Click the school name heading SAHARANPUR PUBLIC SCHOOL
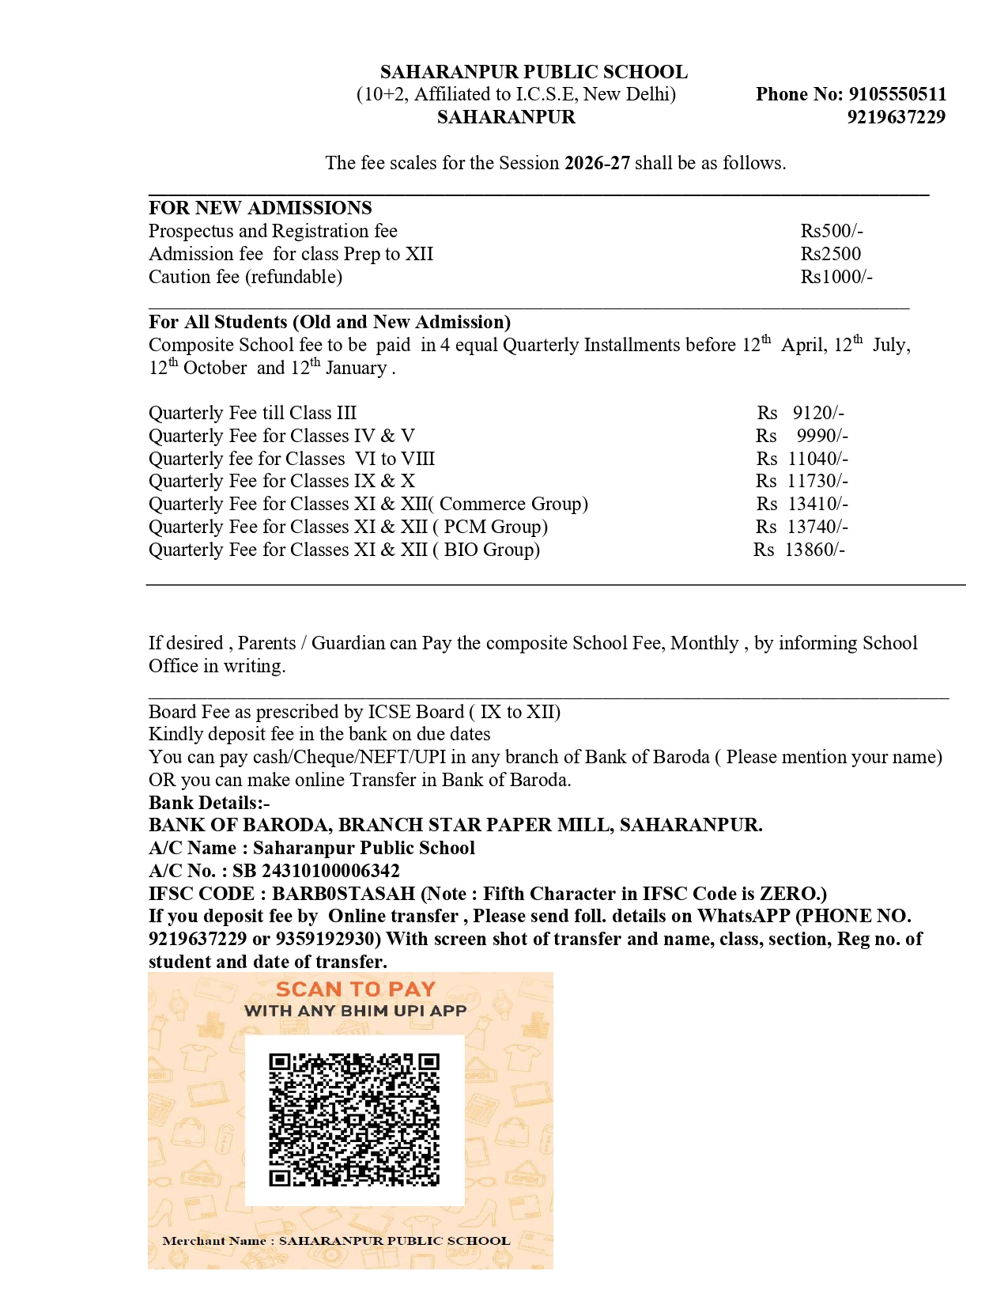coord(534,72)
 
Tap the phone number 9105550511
coord(897,94)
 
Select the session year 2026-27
coord(597,163)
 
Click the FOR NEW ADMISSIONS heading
coord(260,208)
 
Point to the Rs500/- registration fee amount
coord(832,231)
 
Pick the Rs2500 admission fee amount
coord(831,254)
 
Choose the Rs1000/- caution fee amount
coord(836,277)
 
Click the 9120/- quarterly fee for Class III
coord(818,413)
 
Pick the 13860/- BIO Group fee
coord(815,550)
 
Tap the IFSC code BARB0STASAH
coord(343,894)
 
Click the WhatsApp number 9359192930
coord(328,939)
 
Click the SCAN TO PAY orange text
coord(356,989)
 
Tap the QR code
coord(354,1119)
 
